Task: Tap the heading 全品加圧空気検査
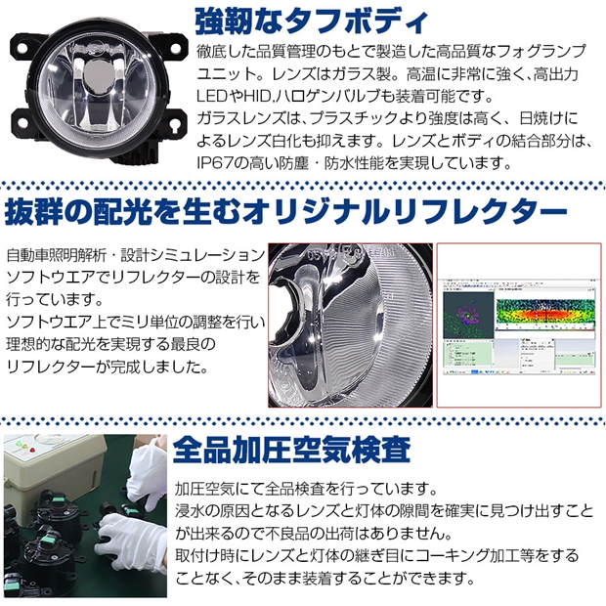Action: (x=291, y=451)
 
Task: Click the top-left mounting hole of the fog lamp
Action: (x=22, y=50)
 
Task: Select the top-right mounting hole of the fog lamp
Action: (x=174, y=48)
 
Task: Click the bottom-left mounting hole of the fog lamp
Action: (x=22, y=123)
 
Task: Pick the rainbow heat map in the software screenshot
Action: (x=544, y=312)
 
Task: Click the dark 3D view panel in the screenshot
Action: (x=468, y=315)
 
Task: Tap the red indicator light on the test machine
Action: (x=32, y=451)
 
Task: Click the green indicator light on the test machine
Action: (x=17, y=444)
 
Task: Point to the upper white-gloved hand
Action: (x=148, y=475)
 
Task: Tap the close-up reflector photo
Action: (x=350, y=325)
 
